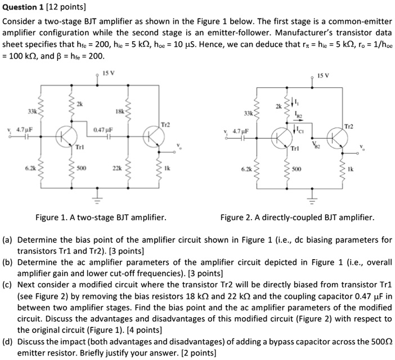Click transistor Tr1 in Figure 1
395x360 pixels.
click(x=68, y=136)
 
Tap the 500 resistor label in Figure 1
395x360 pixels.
click(x=82, y=168)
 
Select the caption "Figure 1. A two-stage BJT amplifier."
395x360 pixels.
click(x=101, y=217)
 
